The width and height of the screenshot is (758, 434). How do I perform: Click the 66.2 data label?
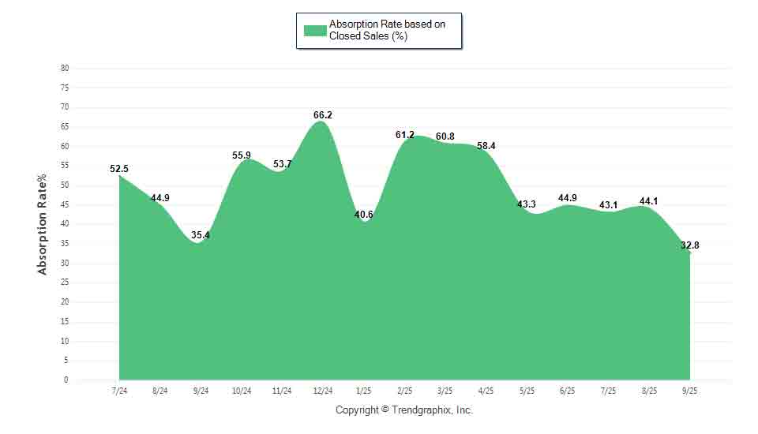pos(322,115)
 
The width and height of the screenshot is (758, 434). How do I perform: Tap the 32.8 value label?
pos(689,245)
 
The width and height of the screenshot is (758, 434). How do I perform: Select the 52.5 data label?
pos(119,168)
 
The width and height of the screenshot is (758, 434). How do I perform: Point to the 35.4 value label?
pos(201,235)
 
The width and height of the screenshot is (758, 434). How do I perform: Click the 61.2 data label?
pos(404,135)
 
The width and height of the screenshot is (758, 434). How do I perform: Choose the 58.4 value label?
pos(486,146)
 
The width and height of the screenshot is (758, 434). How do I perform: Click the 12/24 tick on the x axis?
pos(322,391)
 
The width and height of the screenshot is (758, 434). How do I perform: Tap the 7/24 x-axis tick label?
pos(119,391)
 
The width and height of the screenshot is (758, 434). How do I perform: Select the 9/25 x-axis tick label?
pos(689,391)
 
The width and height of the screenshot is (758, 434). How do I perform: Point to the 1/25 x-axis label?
pos(363,391)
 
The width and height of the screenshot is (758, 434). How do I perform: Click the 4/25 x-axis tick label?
pos(486,391)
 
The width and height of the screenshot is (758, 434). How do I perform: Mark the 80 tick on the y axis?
pos(65,69)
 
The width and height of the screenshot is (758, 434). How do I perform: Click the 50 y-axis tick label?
pos(65,185)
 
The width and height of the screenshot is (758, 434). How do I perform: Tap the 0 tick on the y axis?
pos(66,380)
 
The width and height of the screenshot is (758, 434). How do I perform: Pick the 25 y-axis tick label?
pos(65,282)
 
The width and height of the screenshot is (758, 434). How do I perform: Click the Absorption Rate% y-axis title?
pos(43,224)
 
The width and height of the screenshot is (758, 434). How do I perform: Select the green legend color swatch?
pos(315,31)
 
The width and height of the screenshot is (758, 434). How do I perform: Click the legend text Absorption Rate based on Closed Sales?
pos(387,31)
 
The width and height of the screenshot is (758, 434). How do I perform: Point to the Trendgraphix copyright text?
pos(403,410)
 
